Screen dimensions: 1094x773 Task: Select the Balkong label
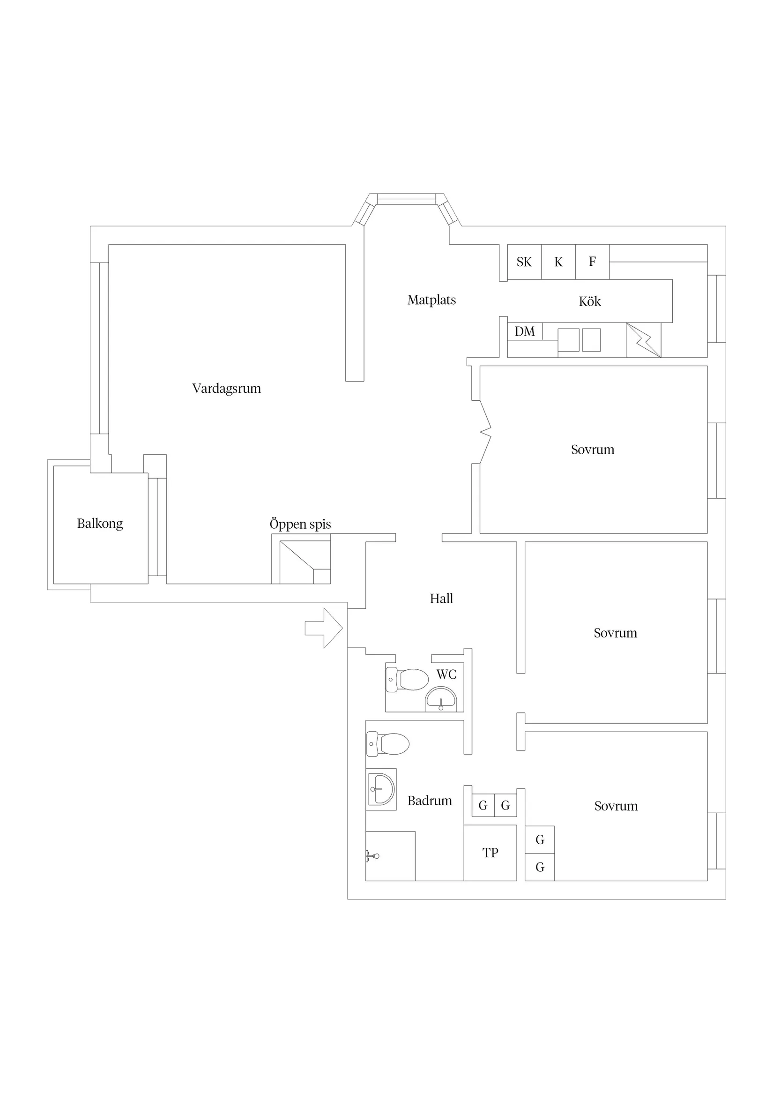(x=100, y=524)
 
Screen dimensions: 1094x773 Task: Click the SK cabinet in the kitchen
(x=524, y=262)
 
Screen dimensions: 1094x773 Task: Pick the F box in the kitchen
(x=592, y=262)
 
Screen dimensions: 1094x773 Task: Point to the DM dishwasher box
(x=524, y=331)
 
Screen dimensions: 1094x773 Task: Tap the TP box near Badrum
(x=490, y=853)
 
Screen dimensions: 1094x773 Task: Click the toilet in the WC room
(x=407, y=680)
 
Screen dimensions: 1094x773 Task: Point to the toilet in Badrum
(x=388, y=744)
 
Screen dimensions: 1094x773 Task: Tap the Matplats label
(x=431, y=300)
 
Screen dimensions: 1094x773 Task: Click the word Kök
(x=590, y=301)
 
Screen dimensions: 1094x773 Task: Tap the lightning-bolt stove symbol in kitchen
(x=643, y=340)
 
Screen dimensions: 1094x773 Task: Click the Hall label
(x=441, y=599)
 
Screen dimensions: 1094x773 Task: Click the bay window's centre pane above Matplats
(x=406, y=199)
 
